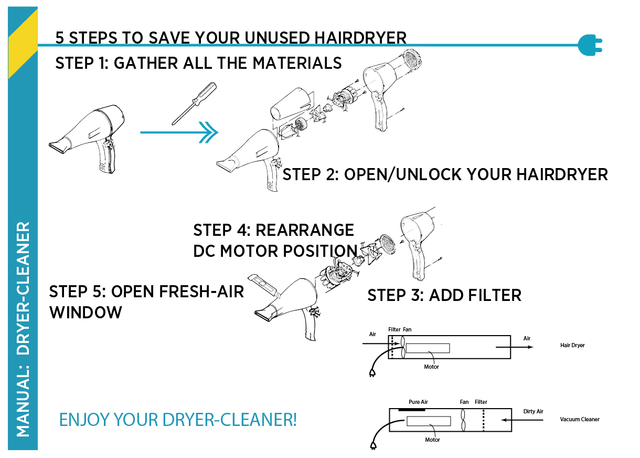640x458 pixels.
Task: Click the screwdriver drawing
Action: point(194,103)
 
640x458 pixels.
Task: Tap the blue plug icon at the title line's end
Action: point(590,45)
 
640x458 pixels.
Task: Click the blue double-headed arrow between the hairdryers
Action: point(179,132)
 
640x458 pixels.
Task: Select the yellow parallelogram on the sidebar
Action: point(23,44)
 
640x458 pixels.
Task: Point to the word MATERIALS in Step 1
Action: point(297,63)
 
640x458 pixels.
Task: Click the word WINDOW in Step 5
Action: point(86,312)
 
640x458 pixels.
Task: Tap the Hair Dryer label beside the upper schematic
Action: point(572,345)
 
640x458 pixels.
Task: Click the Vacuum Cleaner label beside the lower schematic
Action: point(580,419)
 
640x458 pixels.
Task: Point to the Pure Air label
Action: point(418,402)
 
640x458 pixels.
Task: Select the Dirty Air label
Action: point(533,411)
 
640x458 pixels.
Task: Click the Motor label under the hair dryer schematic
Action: point(431,367)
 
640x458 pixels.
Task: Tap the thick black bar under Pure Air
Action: point(411,410)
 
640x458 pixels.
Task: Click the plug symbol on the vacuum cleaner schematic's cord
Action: point(373,445)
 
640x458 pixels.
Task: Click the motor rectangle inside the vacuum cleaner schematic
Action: point(429,421)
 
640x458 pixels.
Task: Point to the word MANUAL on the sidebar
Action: point(23,402)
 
